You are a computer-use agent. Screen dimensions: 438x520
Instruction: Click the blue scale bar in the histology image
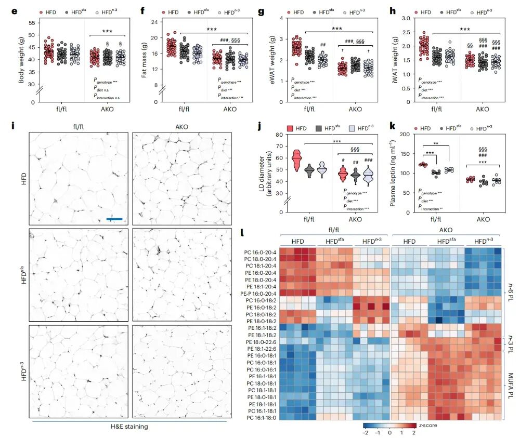(x=114, y=219)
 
